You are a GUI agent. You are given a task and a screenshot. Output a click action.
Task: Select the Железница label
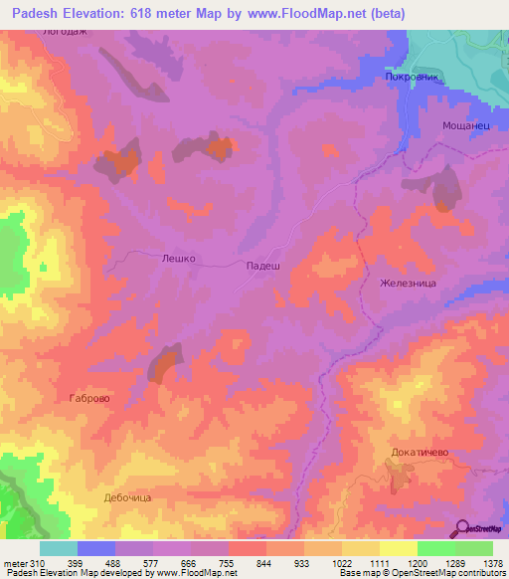[408, 283]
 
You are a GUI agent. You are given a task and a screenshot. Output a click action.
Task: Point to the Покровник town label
[411, 77]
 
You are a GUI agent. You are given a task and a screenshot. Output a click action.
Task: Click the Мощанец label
[460, 126]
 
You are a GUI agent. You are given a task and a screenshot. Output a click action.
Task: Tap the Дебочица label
[127, 496]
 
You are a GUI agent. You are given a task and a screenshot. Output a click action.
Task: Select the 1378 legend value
[491, 563]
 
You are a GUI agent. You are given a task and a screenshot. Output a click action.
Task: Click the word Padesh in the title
[41, 11]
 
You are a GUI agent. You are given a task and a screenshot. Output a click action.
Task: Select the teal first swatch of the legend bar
[59, 548]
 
